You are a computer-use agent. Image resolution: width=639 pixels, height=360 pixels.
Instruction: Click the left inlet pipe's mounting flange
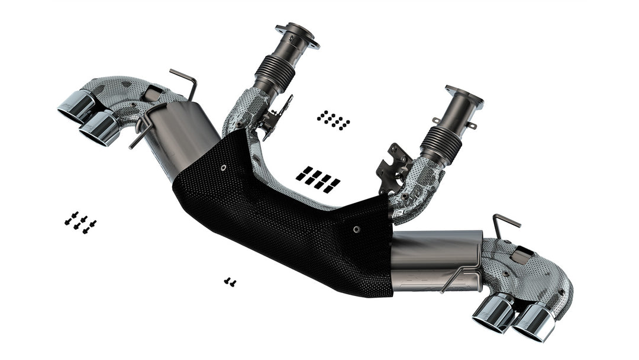click(x=297, y=34)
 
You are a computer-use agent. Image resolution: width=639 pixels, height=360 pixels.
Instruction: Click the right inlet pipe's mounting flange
click(x=464, y=96)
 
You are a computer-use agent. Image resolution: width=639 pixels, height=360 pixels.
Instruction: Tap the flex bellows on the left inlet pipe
click(x=274, y=74)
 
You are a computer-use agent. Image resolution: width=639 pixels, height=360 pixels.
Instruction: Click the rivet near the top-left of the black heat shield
click(x=223, y=168)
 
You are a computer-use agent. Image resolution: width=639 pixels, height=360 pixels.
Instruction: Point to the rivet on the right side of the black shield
click(x=356, y=229)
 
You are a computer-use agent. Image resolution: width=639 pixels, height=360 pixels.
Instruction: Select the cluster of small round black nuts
click(x=333, y=120)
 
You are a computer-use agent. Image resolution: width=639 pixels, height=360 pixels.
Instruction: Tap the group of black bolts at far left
click(x=80, y=222)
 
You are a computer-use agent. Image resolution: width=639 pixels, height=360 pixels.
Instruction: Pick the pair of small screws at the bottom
click(x=230, y=282)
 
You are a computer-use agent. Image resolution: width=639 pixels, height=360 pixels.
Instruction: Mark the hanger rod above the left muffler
click(x=185, y=82)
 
